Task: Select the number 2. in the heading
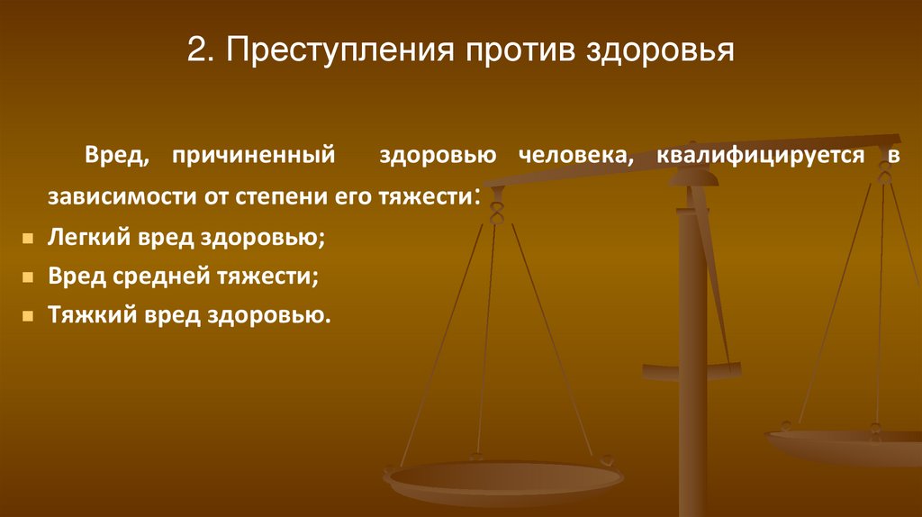(200, 50)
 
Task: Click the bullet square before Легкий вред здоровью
(30, 240)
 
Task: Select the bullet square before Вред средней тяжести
(30, 278)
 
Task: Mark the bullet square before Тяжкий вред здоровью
(30, 317)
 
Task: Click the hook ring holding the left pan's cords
(495, 213)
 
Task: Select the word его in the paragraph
(366, 195)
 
